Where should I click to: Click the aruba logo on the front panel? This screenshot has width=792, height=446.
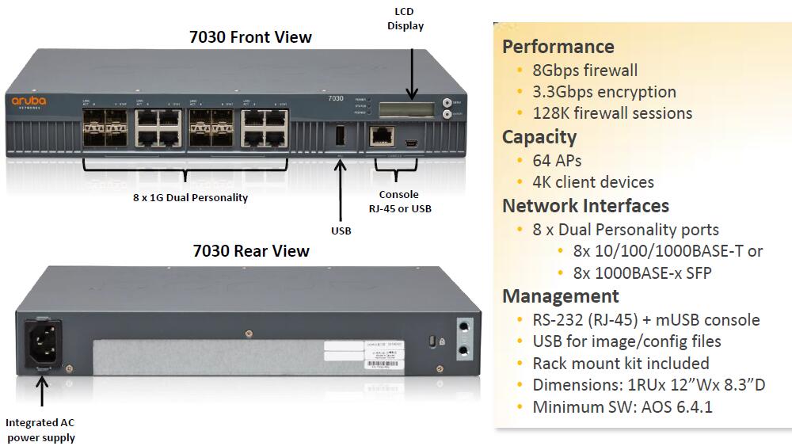[x=29, y=101]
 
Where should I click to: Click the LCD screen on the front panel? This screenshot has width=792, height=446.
[x=409, y=108]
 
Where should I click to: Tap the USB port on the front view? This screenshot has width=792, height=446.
[x=341, y=136]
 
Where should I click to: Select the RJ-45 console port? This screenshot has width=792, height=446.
[x=383, y=135]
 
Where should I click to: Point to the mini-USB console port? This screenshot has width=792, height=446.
[x=412, y=143]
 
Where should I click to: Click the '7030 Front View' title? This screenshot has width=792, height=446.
[x=250, y=36]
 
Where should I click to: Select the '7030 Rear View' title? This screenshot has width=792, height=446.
[x=250, y=251]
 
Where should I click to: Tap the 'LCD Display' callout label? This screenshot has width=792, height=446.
[x=405, y=18]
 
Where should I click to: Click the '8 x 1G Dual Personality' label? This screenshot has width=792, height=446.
[x=190, y=197]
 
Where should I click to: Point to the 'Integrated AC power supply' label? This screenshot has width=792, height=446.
[x=40, y=429]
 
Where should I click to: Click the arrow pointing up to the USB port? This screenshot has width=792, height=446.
[x=341, y=190]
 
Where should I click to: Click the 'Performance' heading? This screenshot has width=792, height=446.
[x=558, y=46]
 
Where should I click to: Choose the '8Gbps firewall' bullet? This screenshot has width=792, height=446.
[x=584, y=71]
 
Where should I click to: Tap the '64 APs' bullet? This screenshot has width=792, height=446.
[x=557, y=161]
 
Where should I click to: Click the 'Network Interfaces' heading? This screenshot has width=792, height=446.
[x=585, y=206]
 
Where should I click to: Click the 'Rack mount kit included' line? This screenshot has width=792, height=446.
[x=620, y=364]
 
